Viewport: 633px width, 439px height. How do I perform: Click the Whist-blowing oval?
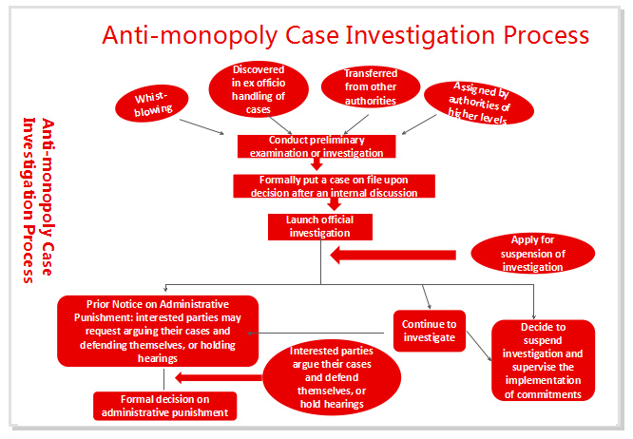coord(152,104)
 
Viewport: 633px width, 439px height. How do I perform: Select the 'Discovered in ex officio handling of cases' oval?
coord(259,89)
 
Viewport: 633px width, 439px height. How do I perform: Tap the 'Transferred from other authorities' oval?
coord(371,86)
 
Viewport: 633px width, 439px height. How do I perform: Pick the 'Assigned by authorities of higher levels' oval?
coord(479,103)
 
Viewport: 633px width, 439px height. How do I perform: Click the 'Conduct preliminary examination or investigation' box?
coord(316,146)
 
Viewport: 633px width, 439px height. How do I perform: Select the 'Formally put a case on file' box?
coord(334,186)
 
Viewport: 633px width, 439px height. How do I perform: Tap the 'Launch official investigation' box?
coord(320,227)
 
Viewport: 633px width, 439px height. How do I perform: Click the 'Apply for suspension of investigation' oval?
coord(533,254)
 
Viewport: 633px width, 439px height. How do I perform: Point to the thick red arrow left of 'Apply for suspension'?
coord(393,255)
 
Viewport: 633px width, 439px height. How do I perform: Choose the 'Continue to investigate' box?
coord(430,331)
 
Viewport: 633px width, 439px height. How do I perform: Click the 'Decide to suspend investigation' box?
coord(543,360)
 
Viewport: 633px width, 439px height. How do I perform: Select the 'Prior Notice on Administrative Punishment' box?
coord(158,331)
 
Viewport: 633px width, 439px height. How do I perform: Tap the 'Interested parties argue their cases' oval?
coord(332,377)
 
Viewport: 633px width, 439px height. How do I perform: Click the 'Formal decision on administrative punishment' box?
coord(165,406)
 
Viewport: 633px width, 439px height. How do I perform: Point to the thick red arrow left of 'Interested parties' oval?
coord(219,377)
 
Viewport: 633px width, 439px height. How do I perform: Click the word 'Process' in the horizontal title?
coord(547,35)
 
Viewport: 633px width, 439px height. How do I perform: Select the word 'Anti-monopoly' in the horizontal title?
coord(190,36)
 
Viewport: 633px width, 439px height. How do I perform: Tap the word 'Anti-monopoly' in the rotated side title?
coord(48,197)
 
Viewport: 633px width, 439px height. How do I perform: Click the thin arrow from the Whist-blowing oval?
coord(201,126)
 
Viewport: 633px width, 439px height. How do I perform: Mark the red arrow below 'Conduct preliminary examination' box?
coord(316,163)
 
